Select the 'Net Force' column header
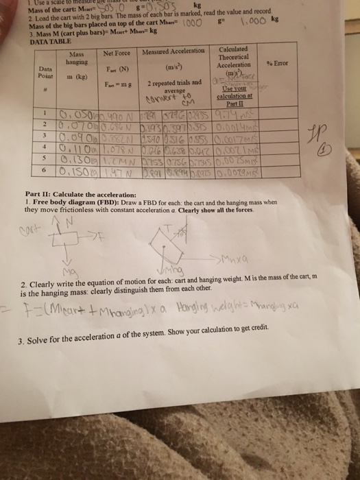[118, 53]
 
